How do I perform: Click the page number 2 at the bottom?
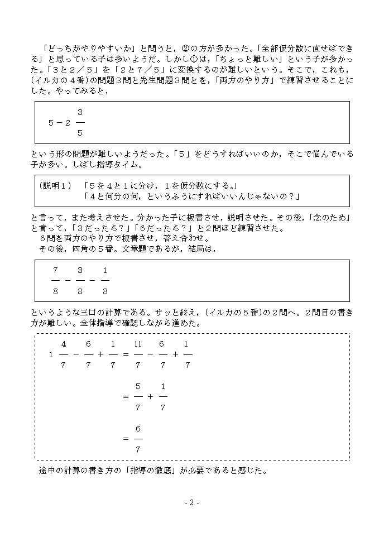(x=191, y=502)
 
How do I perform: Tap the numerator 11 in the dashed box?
(x=138, y=344)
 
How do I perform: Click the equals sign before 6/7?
(x=126, y=438)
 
